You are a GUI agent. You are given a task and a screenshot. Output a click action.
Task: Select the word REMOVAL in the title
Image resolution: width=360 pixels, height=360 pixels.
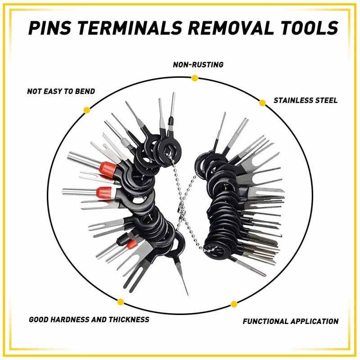tap(230, 28)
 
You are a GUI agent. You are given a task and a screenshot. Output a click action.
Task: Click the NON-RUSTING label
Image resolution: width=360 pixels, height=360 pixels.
tap(198, 65)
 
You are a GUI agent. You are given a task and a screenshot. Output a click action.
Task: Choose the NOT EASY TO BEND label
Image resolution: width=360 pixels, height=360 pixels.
tap(61, 91)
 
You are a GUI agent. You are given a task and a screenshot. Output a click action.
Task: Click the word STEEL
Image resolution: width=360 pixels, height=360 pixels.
tap(326, 100)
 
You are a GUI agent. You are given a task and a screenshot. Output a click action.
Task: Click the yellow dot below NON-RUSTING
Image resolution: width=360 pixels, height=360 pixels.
tap(194, 78)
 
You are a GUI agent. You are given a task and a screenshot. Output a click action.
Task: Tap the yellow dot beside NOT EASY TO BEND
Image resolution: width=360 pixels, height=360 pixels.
tap(87, 109)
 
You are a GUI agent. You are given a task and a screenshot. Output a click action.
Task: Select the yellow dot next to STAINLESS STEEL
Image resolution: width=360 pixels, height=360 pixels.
tap(262, 103)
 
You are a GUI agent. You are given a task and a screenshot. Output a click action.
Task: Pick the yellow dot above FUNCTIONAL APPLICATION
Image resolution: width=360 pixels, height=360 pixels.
tap(234, 304)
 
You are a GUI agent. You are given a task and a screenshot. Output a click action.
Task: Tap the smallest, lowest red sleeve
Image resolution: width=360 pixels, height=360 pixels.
tap(131, 244)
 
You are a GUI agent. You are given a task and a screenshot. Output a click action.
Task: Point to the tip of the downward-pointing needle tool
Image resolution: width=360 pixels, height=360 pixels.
tap(187, 294)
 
